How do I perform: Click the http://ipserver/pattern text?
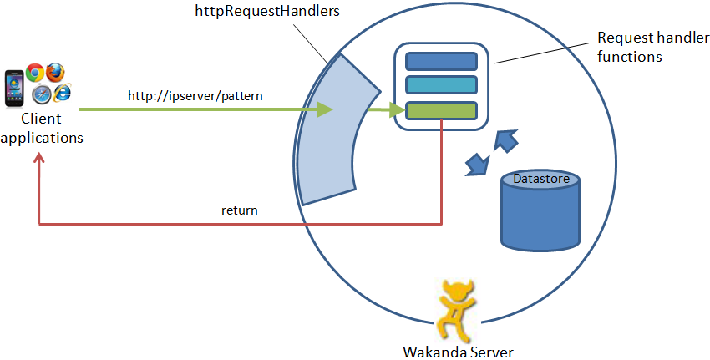195,96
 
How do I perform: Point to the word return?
240,210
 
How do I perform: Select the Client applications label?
42,129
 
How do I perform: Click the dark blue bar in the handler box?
441,62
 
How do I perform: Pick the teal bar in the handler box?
441,85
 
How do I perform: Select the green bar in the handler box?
441,110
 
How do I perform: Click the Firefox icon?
56,73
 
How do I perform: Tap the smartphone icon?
15,87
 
